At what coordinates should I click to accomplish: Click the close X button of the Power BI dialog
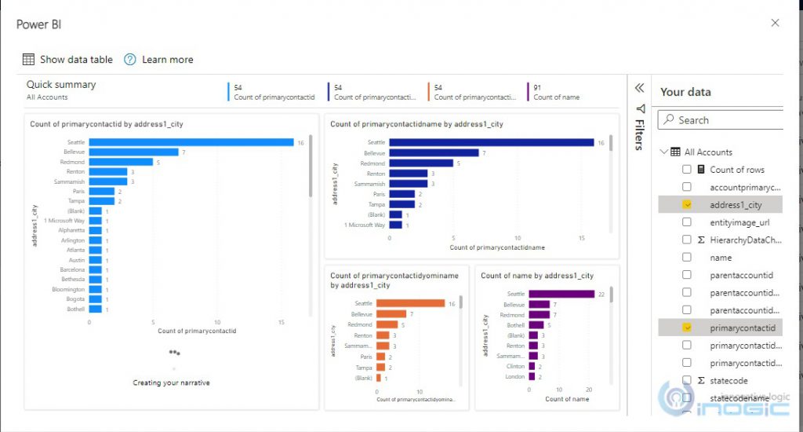point(775,23)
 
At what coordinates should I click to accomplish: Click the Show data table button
point(67,60)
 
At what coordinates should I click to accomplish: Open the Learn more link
point(158,60)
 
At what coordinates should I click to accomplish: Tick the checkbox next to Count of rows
point(687,170)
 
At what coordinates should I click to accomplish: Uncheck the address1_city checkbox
point(687,205)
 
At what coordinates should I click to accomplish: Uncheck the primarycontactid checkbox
point(687,328)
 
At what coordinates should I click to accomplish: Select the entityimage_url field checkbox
point(687,222)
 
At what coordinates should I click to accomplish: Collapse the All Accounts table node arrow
point(663,152)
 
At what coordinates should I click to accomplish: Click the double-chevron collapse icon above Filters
point(639,88)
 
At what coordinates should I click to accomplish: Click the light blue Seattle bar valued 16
point(191,142)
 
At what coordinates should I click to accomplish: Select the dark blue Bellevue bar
point(434,152)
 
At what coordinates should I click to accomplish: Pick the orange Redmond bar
point(387,324)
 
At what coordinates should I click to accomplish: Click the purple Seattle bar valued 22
point(561,294)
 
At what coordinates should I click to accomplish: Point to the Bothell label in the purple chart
point(514,325)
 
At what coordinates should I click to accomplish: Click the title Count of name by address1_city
point(536,276)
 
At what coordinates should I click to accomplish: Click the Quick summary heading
point(61,85)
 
